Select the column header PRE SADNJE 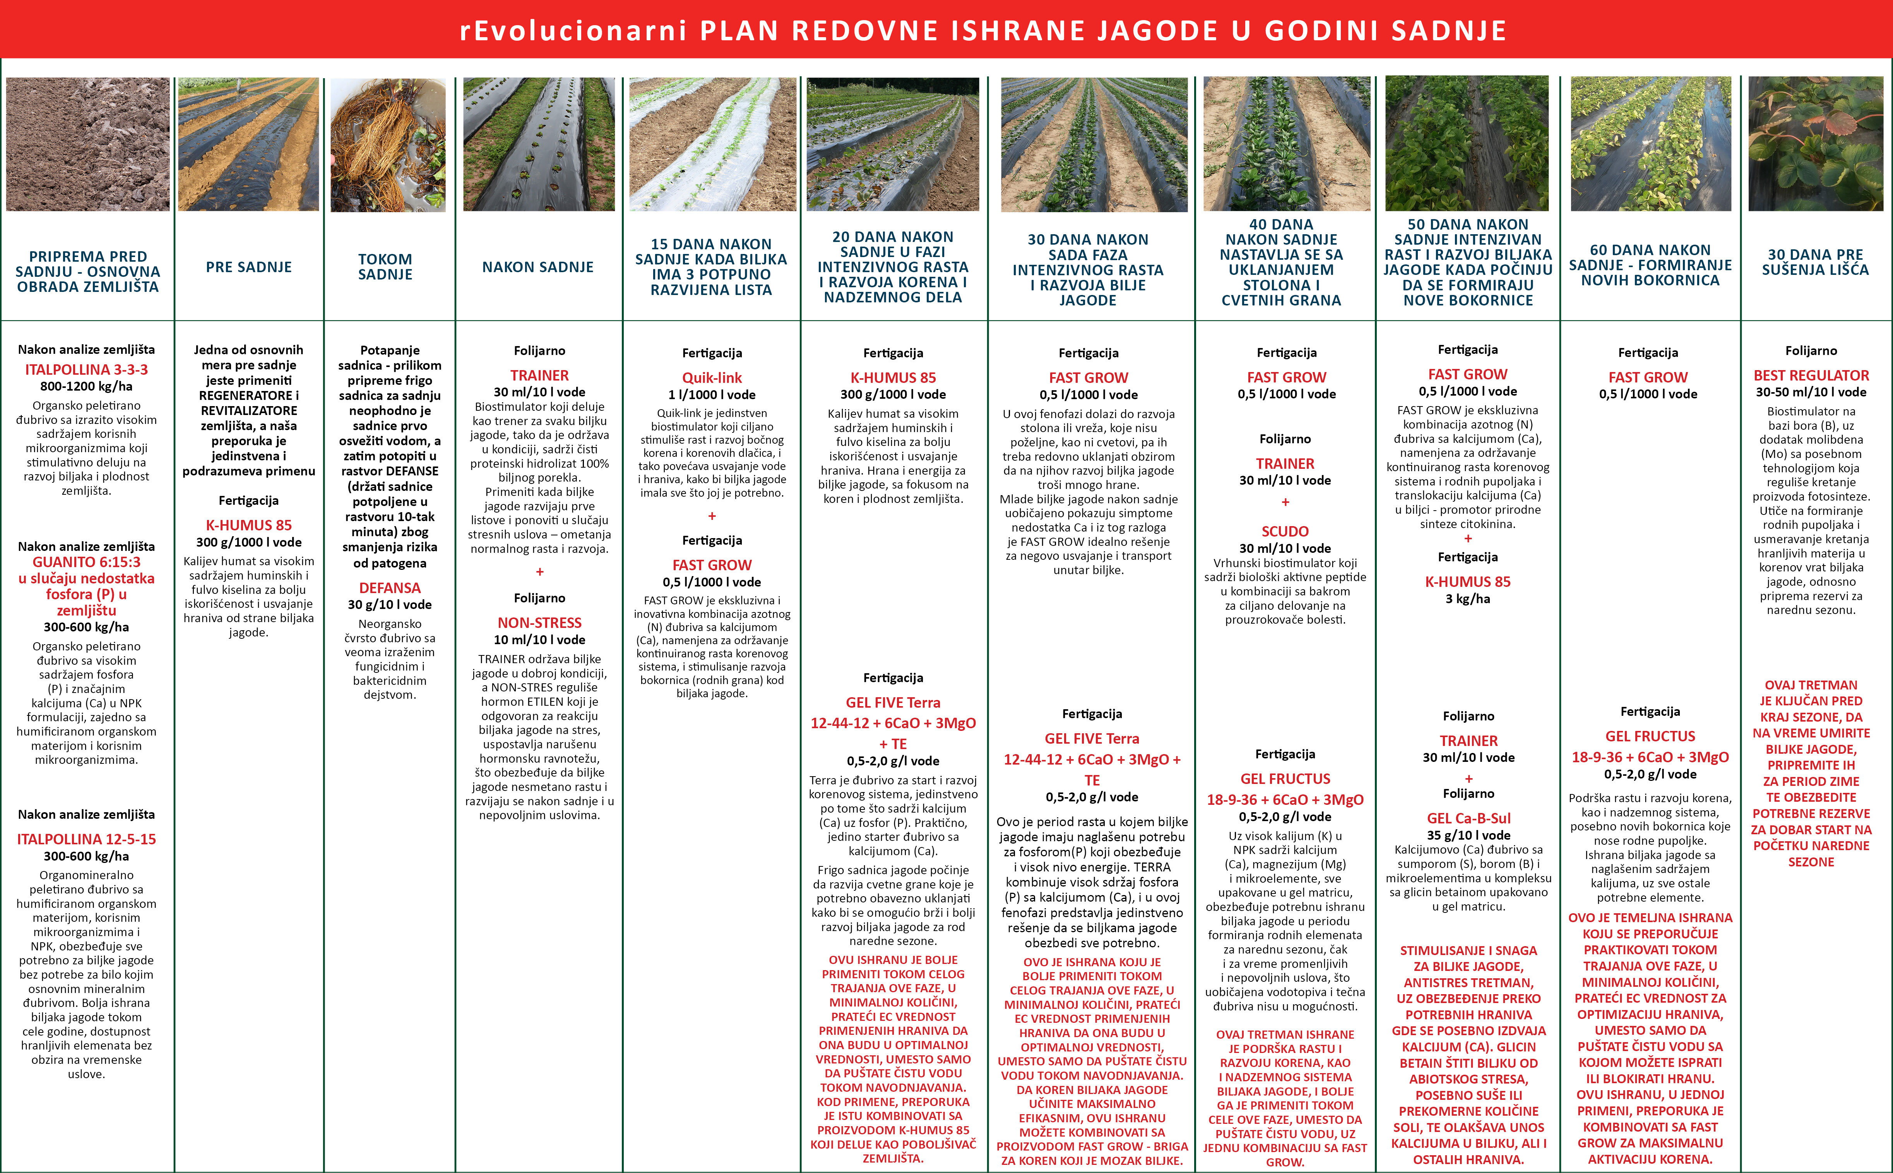pyautogui.click(x=249, y=267)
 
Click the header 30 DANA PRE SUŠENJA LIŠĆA pyautogui.click(x=1815, y=262)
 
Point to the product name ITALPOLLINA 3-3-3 pyautogui.click(x=86, y=369)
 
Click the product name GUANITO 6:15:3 pyautogui.click(x=86, y=562)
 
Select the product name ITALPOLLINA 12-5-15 pyautogui.click(x=86, y=839)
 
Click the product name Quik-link pyautogui.click(x=712, y=378)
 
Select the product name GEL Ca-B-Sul pyautogui.click(x=1468, y=818)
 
